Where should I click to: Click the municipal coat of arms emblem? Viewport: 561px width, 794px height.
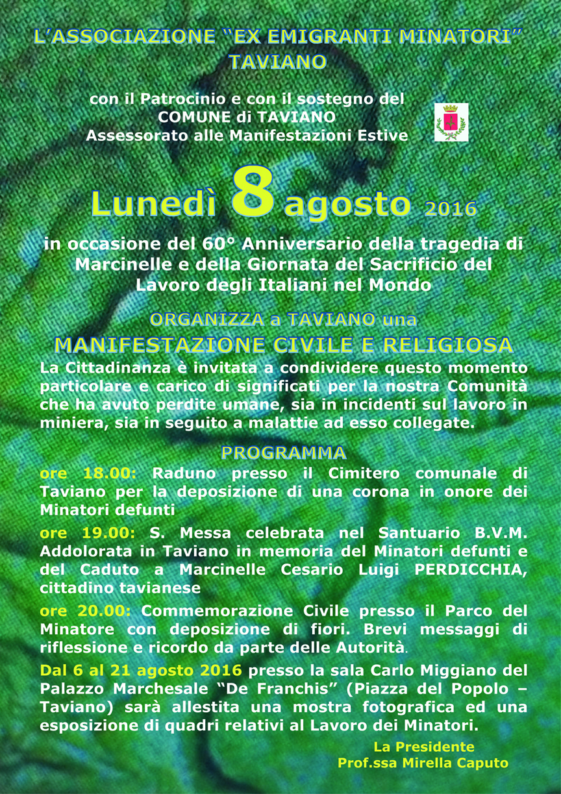click(x=451, y=122)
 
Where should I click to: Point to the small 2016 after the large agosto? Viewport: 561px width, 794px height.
click(x=451, y=209)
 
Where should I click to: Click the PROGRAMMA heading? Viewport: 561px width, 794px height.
click(x=284, y=453)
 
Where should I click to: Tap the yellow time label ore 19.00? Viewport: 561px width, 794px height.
click(x=87, y=533)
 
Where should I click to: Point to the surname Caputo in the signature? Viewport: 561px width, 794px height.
click(x=483, y=763)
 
